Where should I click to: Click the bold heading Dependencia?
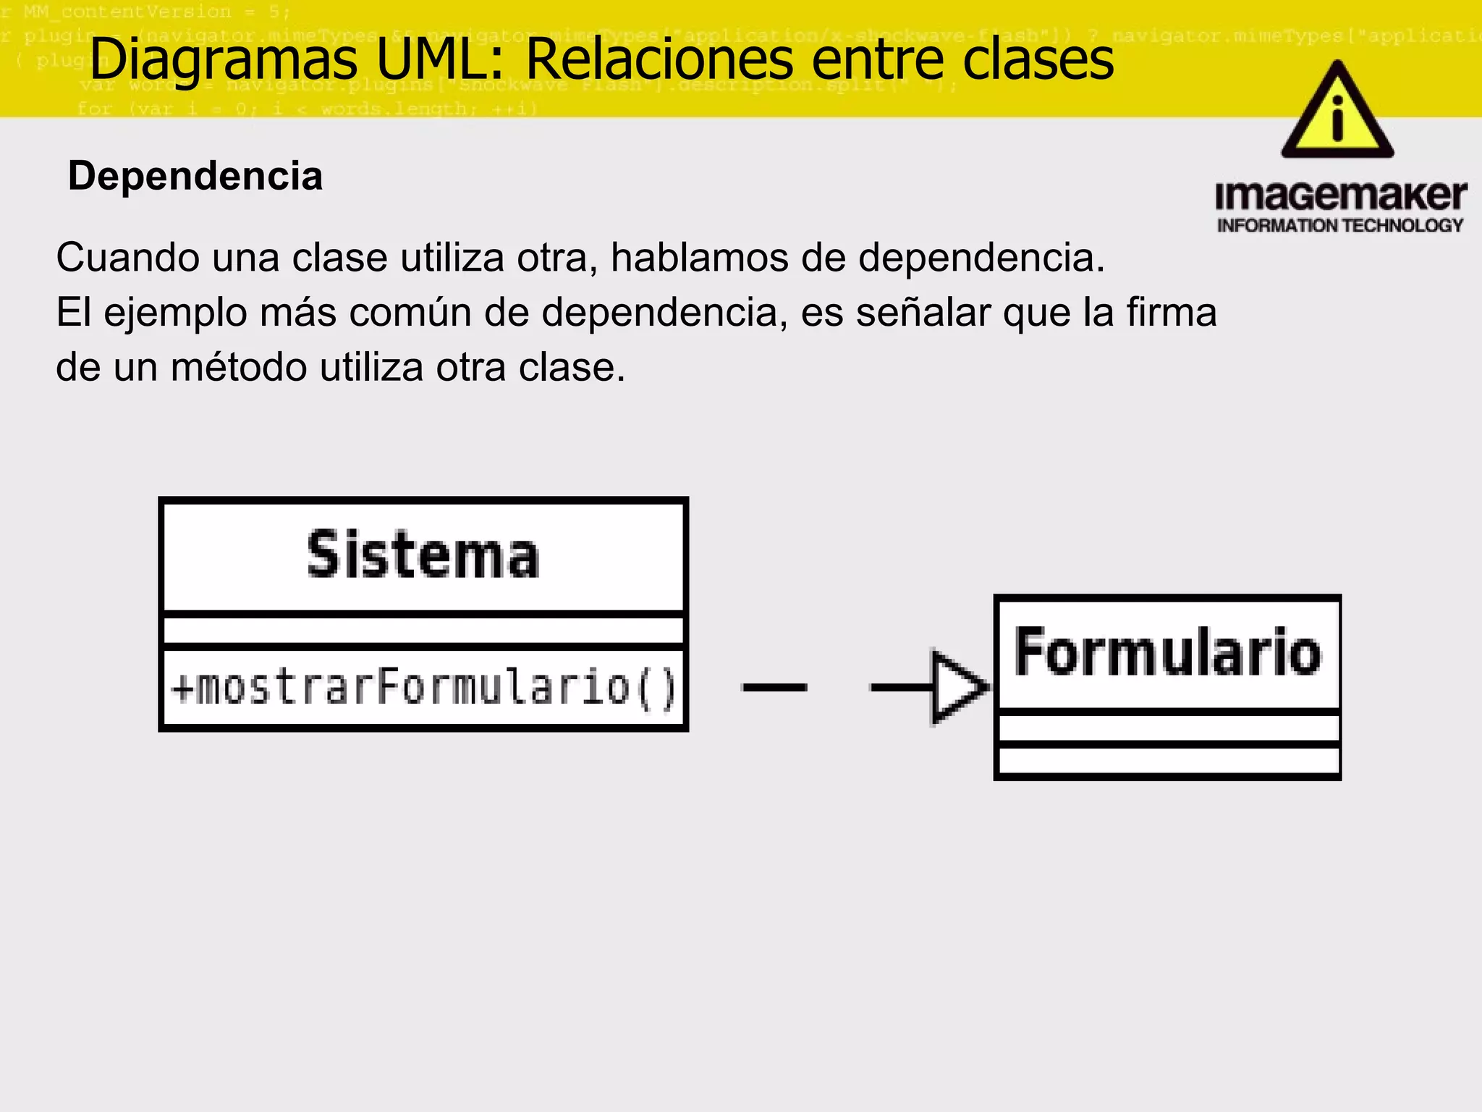click(x=195, y=176)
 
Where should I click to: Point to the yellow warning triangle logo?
click(x=1337, y=112)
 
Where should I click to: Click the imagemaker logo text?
click(x=1340, y=196)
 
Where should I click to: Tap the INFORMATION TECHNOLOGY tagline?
click(x=1340, y=226)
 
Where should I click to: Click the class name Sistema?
click(x=423, y=555)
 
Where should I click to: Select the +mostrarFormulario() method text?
click(x=424, y=687)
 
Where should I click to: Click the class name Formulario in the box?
click(x=1167, y=652)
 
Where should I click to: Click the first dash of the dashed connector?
click(x=774, y=687)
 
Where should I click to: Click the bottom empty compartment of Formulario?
click(x=1168, y=760)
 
